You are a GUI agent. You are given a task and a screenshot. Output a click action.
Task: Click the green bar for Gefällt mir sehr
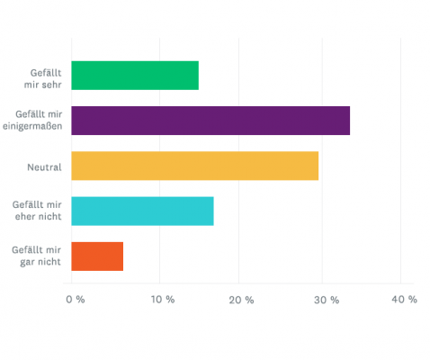134,76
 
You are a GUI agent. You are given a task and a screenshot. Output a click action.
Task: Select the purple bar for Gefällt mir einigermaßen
210,121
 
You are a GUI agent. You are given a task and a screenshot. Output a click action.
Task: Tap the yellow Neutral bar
194,166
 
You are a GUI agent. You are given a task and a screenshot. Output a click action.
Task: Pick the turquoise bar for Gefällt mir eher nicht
142,211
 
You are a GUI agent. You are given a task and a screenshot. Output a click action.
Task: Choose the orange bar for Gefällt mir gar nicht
97,256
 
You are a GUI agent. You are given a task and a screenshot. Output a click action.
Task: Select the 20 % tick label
239,299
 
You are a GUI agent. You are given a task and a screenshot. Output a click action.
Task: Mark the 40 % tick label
402,299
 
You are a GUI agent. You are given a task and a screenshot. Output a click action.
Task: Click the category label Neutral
44,166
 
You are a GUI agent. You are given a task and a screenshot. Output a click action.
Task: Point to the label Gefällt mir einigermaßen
38,121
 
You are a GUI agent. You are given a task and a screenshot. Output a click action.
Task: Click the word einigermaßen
38,128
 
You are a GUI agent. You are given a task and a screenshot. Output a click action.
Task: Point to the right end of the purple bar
348,121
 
